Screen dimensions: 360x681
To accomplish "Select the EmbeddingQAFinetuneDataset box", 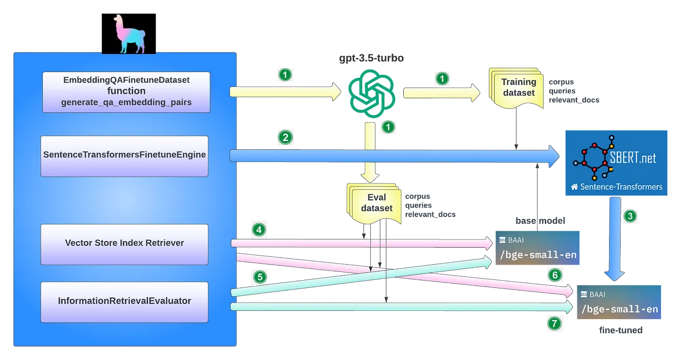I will tap(126, 92).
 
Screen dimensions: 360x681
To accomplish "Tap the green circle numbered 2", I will tap(285, 138).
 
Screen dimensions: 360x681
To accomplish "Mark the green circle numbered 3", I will tap(630, 216).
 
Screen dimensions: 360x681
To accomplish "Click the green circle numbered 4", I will tap(259, 230).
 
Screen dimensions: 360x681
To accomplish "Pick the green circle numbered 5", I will tap(261, 277).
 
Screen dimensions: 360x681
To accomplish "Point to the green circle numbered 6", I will tap(555, 275).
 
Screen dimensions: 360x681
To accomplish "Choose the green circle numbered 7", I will tap(555, 323).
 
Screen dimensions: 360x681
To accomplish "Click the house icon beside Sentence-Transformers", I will tap(574, 187).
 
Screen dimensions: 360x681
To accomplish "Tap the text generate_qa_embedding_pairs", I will tap(126, 102).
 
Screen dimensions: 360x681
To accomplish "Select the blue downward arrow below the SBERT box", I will tap(615, 238).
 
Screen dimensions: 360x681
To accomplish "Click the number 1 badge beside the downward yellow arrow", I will tap(388, 127).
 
